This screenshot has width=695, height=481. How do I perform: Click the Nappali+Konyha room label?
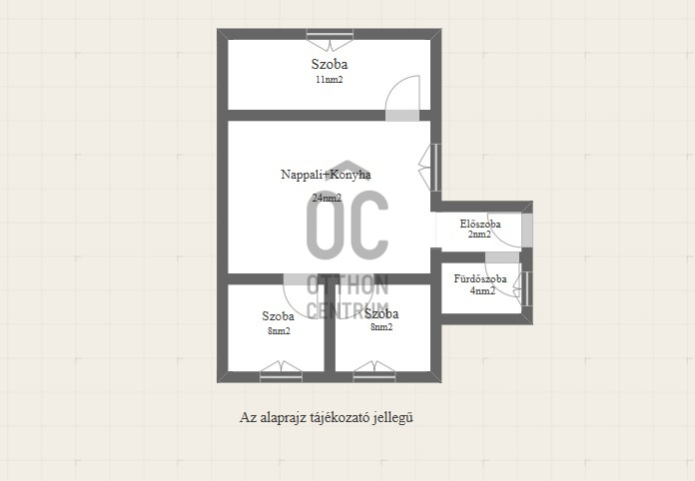click(326, 175)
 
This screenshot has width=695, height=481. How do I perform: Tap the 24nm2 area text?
click(327, 198)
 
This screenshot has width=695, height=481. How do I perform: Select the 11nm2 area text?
click(330, 80)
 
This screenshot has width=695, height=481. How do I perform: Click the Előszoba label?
click(480, 224)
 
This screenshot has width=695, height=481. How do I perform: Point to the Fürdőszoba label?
click(480, 279)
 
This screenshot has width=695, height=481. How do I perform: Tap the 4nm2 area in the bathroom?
click(482, 290)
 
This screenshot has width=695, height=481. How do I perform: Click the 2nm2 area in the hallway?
click(479, 234)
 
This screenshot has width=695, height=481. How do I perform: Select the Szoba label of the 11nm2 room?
click(330, 64)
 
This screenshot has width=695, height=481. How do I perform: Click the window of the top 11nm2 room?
click(330, 40)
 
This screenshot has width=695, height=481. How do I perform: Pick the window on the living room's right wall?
click(430, 168)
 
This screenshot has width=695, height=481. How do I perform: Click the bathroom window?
click(522, 288)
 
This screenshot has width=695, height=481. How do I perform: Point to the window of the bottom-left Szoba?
click(281, 371)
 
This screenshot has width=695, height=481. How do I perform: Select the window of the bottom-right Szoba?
click(374, 371)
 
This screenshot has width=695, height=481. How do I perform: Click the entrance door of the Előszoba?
click(509, 231)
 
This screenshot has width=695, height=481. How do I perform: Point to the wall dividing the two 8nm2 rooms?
click(330, 327)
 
